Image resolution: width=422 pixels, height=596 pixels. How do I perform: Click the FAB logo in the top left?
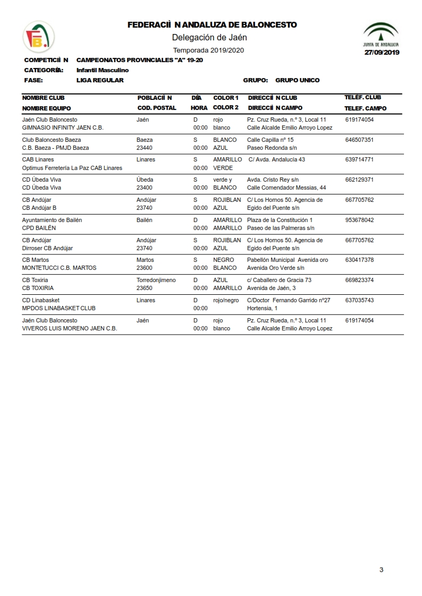pos(38,37)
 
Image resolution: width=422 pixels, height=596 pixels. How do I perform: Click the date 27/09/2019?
pos(381,52)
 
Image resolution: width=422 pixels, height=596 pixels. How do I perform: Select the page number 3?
pos(381,570)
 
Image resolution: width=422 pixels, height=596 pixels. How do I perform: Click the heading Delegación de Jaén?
pos(209,37)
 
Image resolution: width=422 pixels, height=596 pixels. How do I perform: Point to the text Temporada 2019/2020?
pos(208,50)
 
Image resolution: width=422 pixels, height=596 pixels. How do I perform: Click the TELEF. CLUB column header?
pos(362,98)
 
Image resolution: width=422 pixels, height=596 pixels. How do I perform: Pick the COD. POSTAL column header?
pos(157,108)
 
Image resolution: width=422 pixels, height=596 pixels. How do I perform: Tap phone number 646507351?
pos(359,140)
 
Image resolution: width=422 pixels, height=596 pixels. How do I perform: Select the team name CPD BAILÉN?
pos(39,228)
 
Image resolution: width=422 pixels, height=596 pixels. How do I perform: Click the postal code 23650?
pos(145,288)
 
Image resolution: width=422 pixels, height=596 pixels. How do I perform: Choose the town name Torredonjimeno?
pos(156,280)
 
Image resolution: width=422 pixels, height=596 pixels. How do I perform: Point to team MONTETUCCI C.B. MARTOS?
pos(59,268)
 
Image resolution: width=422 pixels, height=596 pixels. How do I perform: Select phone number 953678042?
pos(359,220)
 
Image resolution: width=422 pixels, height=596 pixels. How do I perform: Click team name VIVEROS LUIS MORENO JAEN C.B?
pos(69,328)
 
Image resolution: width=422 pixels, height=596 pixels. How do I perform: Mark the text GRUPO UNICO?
pos(297,80)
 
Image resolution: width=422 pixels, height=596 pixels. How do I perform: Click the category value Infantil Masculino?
pos(103,70)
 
